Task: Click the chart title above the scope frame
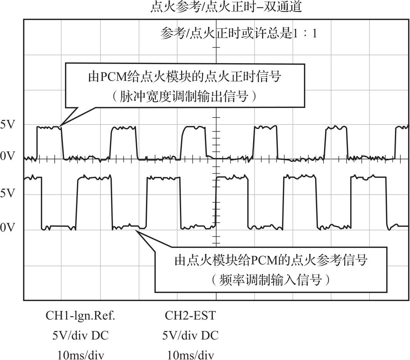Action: pos(227,7)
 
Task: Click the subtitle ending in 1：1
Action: pos(239,34)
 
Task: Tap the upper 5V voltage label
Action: pos(8,125)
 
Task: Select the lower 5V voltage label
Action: pos(8,194)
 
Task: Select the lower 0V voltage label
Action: pos(8,228)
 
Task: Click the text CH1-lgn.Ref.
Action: pos(81,316)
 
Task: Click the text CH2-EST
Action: pos(190,316)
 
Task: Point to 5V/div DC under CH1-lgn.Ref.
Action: pos(81,336)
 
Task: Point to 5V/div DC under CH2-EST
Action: pos(190,336)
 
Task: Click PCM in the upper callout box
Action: pos(113,77)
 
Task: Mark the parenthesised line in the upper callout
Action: pos(185,96)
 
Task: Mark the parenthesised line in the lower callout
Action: pos(271,280)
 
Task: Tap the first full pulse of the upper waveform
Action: pos(49,128)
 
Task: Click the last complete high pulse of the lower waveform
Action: pos(368,177)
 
